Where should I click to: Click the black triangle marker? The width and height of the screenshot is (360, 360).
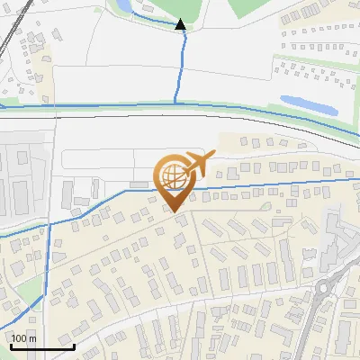point(181,25)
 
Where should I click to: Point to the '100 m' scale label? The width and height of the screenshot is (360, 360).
point(23,338)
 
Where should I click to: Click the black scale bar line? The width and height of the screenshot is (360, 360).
point(42,346)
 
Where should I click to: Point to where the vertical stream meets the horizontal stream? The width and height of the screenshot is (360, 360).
point(175,105)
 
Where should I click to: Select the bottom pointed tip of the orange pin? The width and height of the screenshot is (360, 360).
point(174,211)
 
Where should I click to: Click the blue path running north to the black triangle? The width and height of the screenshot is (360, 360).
point(177,67)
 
